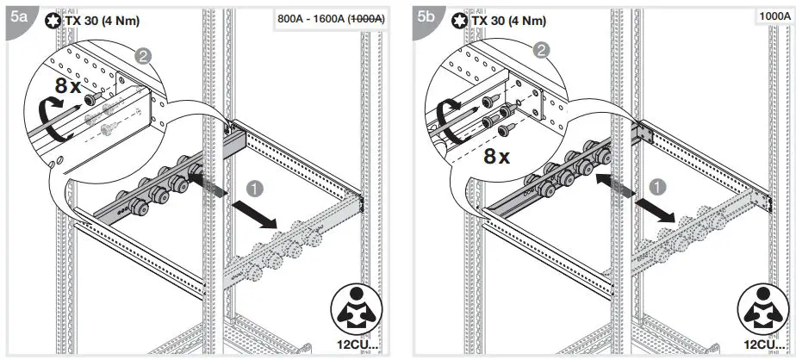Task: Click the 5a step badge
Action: click(18, 16)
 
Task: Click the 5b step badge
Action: click(425, 16)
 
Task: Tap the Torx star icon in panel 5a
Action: click(53, 20)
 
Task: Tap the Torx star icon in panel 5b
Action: click(459, 20)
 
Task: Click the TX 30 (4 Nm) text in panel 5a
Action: click(100, 20)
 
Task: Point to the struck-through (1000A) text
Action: click(365, 18)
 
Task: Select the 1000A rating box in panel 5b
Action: click(775, 16)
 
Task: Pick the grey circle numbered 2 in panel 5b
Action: click(541, 50)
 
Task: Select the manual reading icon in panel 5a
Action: click(354, 312)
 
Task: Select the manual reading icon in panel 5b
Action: click(761, 312)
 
